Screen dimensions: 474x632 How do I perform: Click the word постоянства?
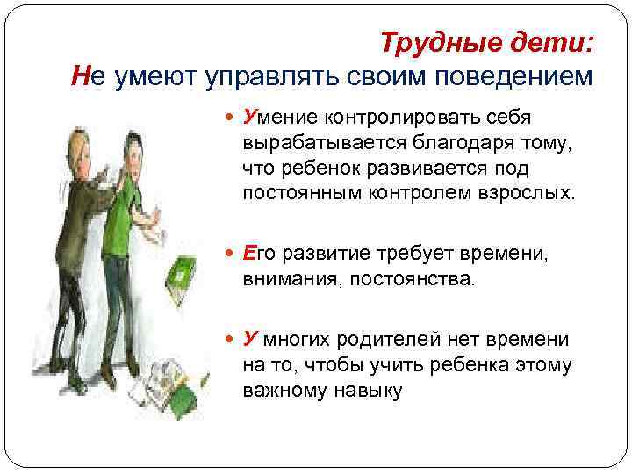coord(416,280)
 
